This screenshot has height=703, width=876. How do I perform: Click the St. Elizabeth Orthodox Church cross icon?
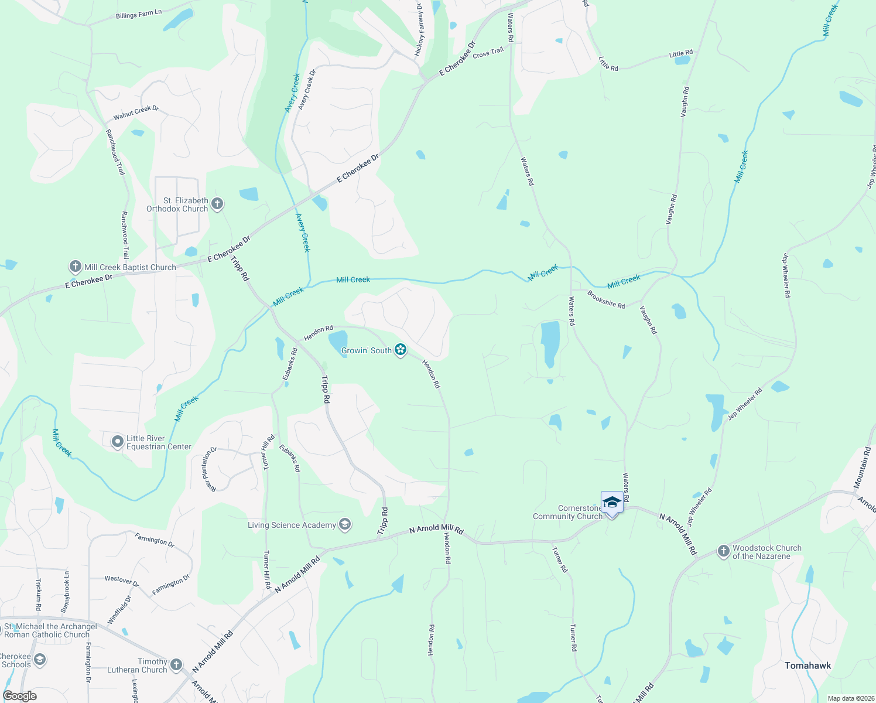(x=217, y=204)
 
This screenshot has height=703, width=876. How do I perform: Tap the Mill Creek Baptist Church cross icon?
(x=75, y=267)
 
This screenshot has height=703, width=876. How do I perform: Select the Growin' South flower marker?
(x=401, y=350)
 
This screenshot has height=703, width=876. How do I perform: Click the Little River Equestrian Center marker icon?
(x=118, y=442)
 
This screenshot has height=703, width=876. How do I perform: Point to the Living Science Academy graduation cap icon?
(x=345, y=525)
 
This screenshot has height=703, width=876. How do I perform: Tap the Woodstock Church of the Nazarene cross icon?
(x=724, y=551)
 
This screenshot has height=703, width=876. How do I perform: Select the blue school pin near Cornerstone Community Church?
(x=612, y=503)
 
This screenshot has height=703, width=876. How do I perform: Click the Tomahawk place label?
(x=807, y=666)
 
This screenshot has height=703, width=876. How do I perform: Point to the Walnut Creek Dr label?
(x=136, y=112)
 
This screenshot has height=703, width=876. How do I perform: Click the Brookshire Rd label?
(x=606, y=300)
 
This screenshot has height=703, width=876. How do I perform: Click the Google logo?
(x=19, y=696)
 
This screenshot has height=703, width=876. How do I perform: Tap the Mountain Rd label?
(x=862, y=467)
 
